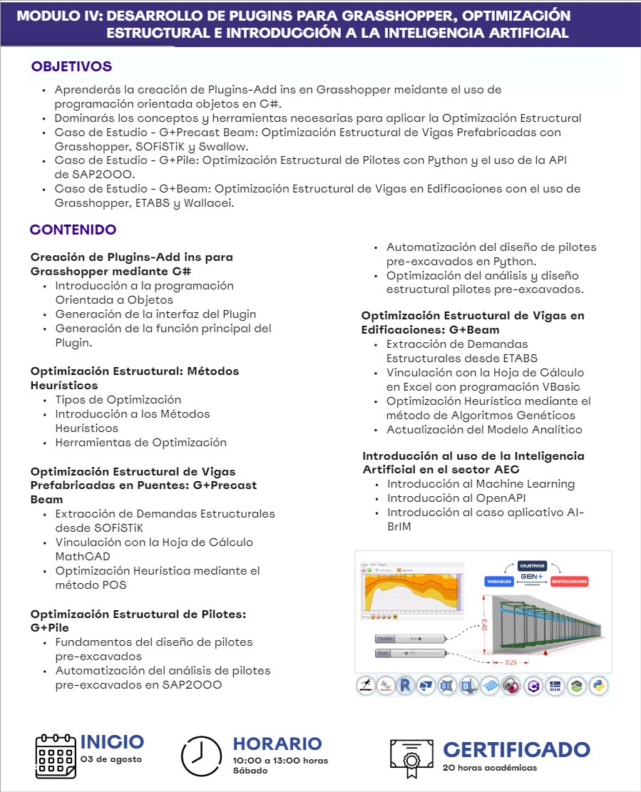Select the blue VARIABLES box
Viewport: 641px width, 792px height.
(499, 581)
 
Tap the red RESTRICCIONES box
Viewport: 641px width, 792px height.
(568, 581)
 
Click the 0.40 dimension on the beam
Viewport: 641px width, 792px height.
(485, 626)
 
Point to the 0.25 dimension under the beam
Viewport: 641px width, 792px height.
(511, 662)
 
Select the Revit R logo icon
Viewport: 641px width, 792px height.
(406, 686)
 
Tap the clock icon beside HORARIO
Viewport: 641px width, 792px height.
(201, 755)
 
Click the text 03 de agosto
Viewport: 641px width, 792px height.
(111, 759)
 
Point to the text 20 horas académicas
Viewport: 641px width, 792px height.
(489, 768)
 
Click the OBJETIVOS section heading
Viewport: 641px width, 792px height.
(71, 67)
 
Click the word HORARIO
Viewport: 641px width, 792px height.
(277, 744)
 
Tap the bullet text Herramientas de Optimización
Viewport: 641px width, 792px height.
(140, 443)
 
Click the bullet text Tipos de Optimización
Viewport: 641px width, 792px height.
(118, 400)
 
